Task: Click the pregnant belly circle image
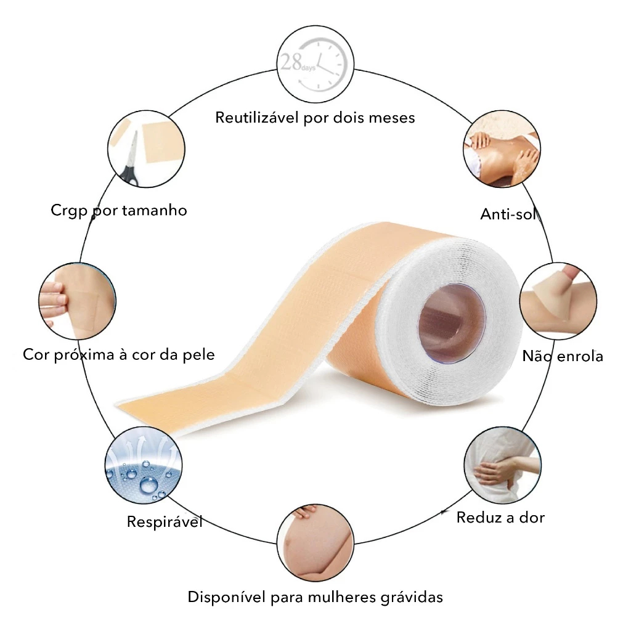[x=315, y=542]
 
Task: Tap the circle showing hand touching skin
[x=77, y=301]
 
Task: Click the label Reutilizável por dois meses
[x=315, y=117]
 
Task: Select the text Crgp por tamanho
[x=119, y=210]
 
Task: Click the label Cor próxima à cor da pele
[x=119, y=354]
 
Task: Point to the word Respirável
[x=165, y=522]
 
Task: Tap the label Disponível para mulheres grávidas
[x=315, y=597]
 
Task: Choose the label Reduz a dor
[x=500, y=517]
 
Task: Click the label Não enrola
[x=563, y=356]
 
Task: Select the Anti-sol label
[x=509, y=214]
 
